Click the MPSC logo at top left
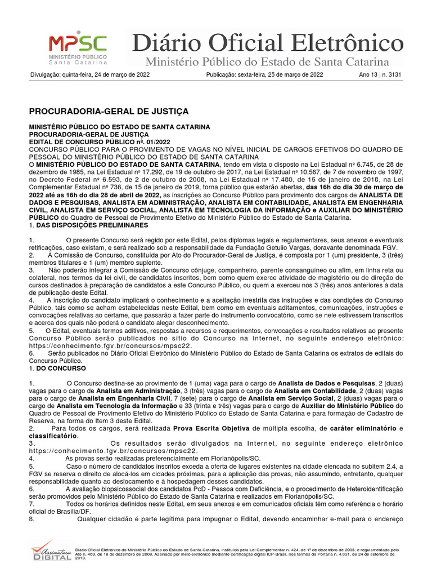tap(78, 48)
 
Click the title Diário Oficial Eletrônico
tap(267, 43)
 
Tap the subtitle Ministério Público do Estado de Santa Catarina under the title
tap(267, 61)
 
